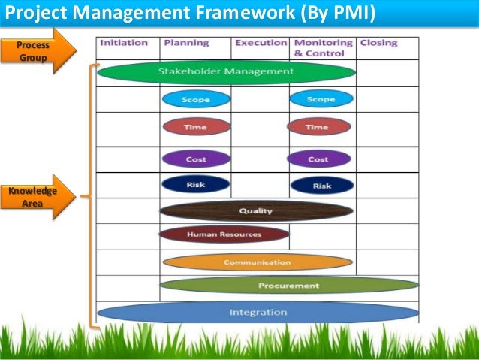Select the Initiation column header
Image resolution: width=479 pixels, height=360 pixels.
[x=124, y=43]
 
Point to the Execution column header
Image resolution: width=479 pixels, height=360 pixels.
[x=261, y=43]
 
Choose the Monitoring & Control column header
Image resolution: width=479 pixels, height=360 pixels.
[x=322, y=48]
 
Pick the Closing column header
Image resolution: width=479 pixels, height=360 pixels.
[x=378, y=43]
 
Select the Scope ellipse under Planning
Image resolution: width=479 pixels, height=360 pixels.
[x=196, y=98]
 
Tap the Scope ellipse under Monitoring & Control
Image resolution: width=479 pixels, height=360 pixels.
[x=321, y=98]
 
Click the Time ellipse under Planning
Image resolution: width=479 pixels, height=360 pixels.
[x=196, y=127]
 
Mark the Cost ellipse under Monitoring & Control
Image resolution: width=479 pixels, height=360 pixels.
[x=318, y=159]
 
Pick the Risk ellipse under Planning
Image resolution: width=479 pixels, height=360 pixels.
[x=195, y=184]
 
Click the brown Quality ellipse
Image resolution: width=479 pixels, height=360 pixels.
[x=256, y=210]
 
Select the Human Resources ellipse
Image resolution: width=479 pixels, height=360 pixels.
[x=224, y=234]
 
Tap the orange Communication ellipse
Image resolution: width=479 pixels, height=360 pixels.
[x=257, y=262]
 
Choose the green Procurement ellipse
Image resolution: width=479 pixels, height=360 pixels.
[x=288, y=286]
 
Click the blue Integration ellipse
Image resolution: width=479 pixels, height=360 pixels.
[x=258, y=312]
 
